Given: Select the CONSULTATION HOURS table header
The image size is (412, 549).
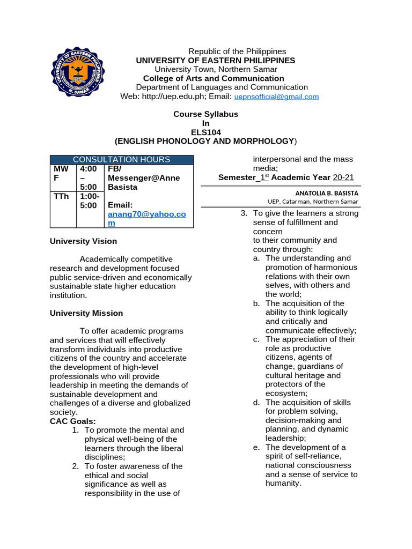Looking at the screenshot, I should (x=121, y=160).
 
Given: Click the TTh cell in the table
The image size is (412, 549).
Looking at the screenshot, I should (x=61, y=196).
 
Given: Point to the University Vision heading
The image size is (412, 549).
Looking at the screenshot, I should (x=83, y=241).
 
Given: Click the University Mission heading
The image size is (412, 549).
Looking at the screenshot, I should (x=86, y=313).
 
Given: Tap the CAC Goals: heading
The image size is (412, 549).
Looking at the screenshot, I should (x=73, y=421).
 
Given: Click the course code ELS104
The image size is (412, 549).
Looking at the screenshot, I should (x=205, y=132).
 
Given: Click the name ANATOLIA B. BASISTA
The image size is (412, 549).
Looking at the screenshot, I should (x=327, y=193).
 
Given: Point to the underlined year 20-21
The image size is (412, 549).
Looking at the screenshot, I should (x=343, y=177).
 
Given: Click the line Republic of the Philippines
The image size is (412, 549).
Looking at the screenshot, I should (x=237, y=51).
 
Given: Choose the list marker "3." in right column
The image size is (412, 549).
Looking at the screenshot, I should (x=244, y=213).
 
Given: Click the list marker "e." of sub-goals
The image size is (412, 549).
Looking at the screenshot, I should (x=256, y=447).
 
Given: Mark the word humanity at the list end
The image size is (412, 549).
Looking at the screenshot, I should (x=283, y=484).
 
